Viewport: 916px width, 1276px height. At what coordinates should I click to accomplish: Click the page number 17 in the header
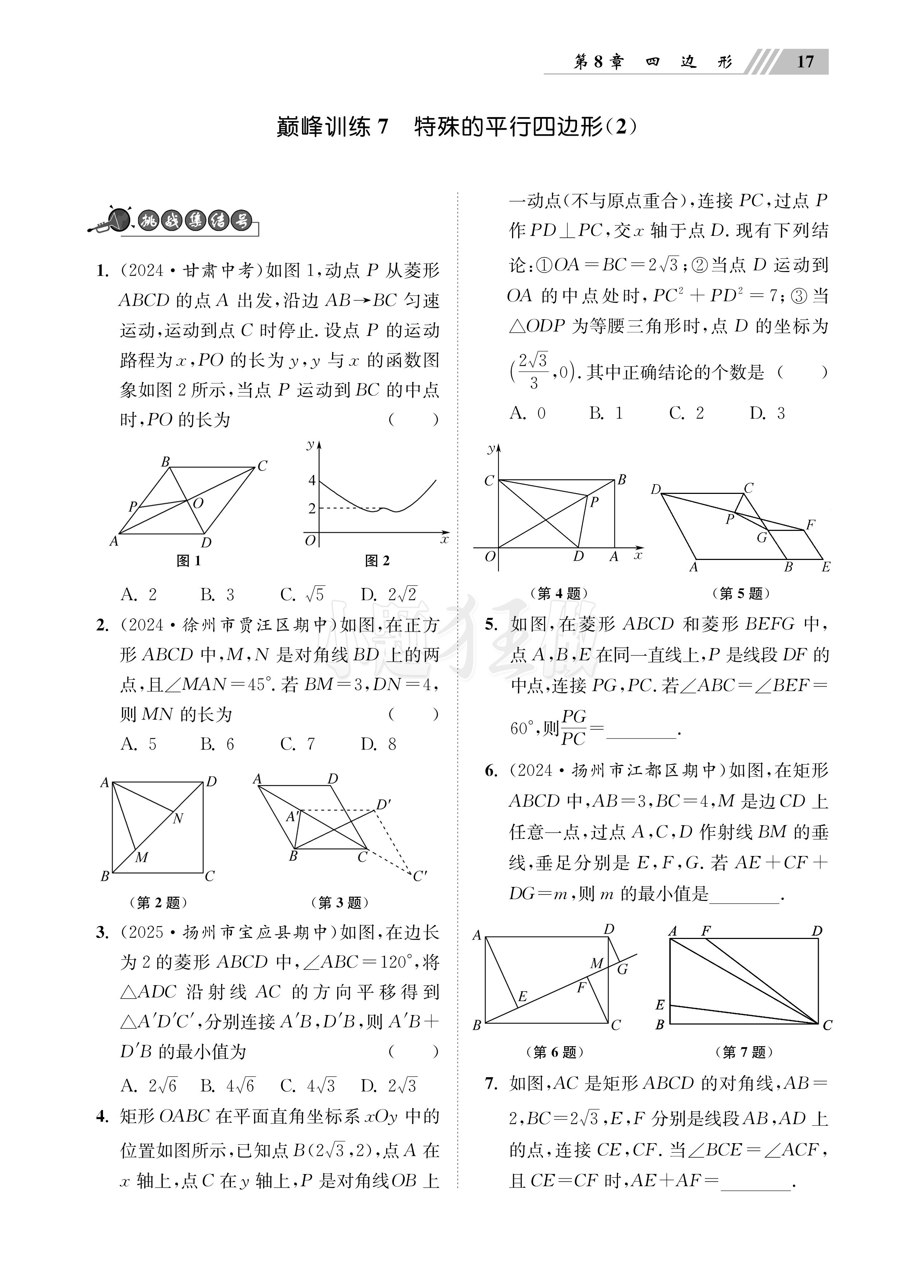tap(805, 61)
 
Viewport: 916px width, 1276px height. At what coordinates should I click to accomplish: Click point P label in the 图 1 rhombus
tap(133, 506)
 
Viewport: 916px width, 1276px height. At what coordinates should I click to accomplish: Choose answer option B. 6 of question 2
tap(217, 744)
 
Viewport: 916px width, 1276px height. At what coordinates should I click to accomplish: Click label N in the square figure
tap(178, 819)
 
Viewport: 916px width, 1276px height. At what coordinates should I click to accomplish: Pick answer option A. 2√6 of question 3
tap(149, 1086)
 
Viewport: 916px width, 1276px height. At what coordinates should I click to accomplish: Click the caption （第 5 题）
tap(740, 594)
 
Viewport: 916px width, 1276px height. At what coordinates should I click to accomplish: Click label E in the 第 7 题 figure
tap(660, 1004)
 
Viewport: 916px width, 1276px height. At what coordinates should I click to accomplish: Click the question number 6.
tap(491, 771)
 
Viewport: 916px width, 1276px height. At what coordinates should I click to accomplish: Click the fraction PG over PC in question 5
tap(574, 728)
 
